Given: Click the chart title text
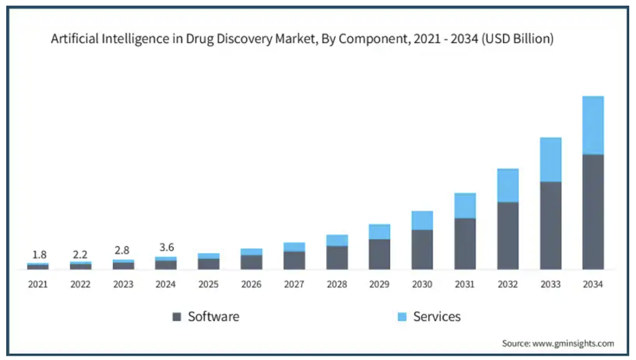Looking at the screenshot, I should [302, 39].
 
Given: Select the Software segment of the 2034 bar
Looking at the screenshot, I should [593, 211].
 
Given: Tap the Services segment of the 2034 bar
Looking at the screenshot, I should [593, 125].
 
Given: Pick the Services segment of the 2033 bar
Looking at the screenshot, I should [550, 159].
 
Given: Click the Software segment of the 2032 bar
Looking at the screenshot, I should [507, 235].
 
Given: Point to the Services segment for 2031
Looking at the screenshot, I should [465, 205].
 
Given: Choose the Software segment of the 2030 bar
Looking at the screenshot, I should [422, 250].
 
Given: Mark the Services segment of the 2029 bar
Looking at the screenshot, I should [379, 232].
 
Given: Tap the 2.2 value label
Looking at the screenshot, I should [80, 254].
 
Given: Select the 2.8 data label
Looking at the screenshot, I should [123, 251].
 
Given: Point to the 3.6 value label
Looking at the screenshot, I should [166, 248].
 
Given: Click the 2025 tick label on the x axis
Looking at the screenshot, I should [209, 284].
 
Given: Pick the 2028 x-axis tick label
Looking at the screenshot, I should [337, 284].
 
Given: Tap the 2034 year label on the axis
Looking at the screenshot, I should [593, 284].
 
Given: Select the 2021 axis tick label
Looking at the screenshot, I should [38, 284].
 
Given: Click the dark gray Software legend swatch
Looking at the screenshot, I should [176, 317].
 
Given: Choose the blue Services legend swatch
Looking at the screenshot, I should [402, 317].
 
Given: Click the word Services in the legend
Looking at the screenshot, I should [437, 317].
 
